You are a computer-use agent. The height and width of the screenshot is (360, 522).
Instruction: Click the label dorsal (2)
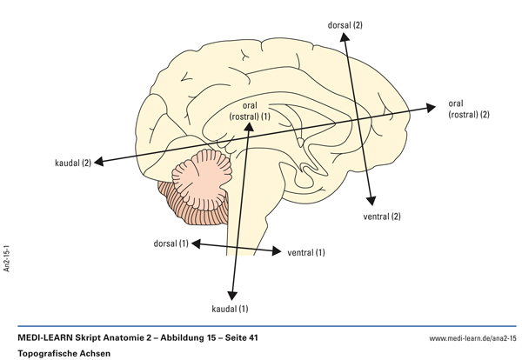coord(345,25)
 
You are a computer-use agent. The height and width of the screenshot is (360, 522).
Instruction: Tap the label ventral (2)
coord(382,216)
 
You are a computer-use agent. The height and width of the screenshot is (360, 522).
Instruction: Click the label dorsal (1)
coord(171,243)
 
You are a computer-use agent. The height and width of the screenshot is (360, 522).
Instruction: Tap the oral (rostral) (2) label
coord(470,108)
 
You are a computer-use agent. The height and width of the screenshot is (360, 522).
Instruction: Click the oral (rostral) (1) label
coord(251,110)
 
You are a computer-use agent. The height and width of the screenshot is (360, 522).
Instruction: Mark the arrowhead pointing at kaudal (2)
coord(100,161)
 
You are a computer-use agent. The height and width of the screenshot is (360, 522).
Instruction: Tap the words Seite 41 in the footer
coord(233,337)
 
